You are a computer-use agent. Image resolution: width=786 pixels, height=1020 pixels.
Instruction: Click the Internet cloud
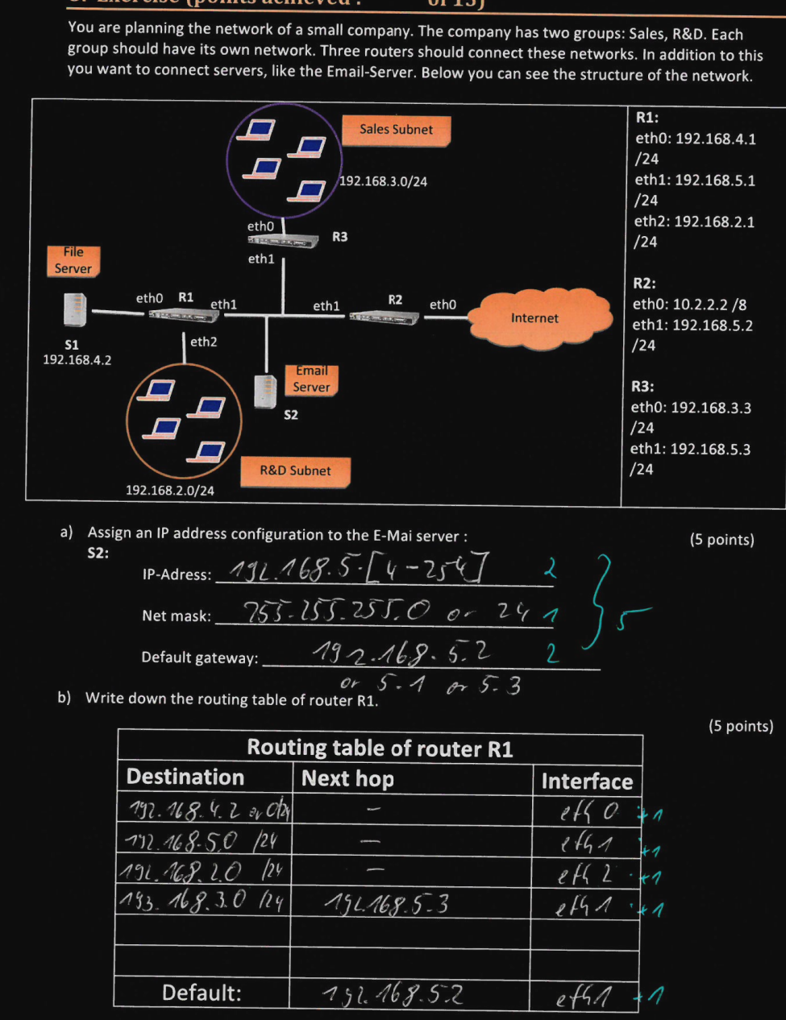point(535,318)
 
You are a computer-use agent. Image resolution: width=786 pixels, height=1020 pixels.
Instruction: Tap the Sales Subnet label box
point(396,130)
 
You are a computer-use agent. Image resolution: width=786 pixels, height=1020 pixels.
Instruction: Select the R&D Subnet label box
point(295,471)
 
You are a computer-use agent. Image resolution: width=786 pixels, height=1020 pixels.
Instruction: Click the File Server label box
point(73,260)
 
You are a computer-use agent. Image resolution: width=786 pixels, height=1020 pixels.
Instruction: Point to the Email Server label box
point(311,379)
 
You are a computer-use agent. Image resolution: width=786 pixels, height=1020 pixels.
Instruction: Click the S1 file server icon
point(74,311)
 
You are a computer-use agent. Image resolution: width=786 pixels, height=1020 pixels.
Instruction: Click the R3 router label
point(340,237)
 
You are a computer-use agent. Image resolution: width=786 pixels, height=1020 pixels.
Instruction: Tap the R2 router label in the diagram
point(395,300)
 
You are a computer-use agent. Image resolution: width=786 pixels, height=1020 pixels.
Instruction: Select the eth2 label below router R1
point(203,342)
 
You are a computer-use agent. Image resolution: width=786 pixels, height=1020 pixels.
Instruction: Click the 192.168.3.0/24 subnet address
point(383,182)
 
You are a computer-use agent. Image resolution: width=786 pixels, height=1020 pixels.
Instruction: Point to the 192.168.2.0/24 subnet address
point(170,490)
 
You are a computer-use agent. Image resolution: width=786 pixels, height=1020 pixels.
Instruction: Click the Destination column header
point(185,777)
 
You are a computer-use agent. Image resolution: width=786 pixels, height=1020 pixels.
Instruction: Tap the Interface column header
point(586,782)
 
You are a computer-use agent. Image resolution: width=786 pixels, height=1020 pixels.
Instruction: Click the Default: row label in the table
point(202,993)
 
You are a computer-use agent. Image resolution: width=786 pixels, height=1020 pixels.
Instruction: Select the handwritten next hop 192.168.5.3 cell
point(387,905)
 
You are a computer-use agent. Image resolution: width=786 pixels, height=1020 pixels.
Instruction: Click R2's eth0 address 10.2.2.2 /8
point(689,305)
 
